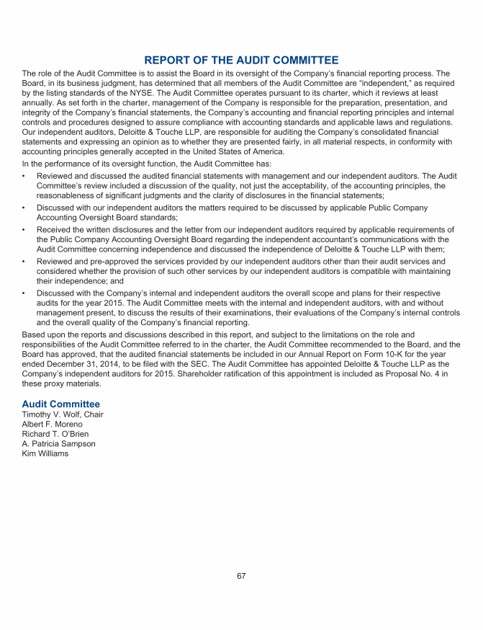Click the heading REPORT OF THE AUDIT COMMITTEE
point(241,60)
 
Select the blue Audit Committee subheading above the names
point(60,404)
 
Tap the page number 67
point(242,576)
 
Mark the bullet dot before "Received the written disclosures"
point(24,230)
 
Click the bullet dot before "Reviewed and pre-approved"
point(24,261)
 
